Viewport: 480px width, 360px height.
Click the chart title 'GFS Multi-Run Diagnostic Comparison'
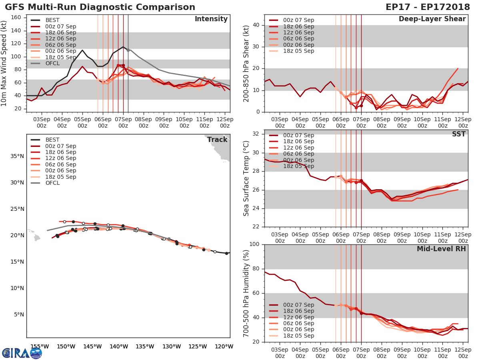click(100, 7)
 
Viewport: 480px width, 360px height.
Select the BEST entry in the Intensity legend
click(52, 20)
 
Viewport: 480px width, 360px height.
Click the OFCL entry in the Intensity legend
click(52, 63)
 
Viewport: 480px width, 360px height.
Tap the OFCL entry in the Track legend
click(52, 183)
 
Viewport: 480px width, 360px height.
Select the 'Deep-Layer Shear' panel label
click(432, 19)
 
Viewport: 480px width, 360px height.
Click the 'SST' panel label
click(458, 134)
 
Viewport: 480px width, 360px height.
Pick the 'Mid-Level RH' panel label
click(441, 249)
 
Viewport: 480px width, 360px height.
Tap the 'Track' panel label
click(217, 140)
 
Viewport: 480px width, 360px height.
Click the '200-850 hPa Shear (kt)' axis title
click(247, 63)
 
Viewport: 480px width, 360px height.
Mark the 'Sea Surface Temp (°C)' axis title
click(247, 178)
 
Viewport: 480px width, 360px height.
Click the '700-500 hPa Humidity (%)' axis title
click(247, 293)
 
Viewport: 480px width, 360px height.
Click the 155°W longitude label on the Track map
click(39, 346)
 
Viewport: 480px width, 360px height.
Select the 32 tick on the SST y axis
click(256, 134)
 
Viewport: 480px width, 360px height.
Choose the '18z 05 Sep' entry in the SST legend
click(298, 166)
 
